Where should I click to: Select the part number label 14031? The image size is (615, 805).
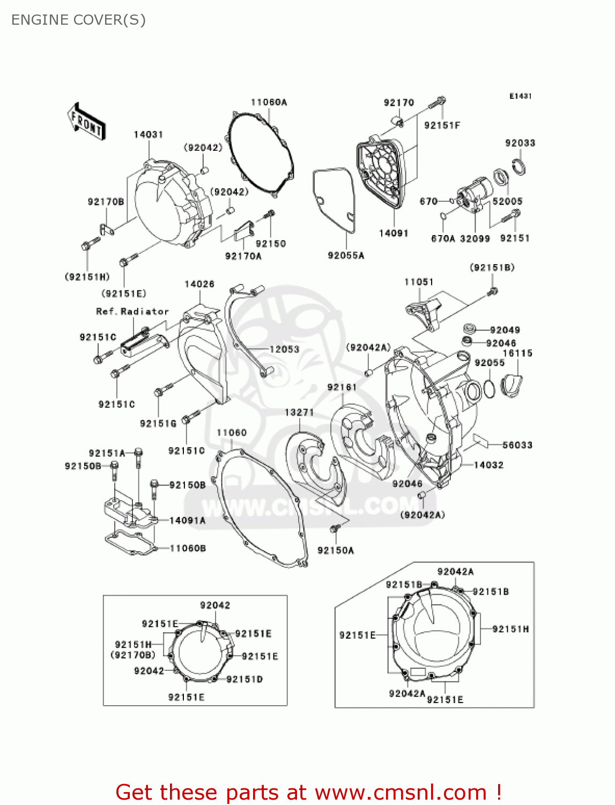[149, 135]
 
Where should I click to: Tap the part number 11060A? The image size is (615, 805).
[269, 102]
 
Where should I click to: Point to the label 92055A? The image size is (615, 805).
[346, 255]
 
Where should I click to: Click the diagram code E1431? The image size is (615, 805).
[520, 96]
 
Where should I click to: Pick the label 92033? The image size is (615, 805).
[520, 143]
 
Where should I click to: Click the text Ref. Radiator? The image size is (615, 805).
[132, 311]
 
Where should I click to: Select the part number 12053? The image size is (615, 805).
[284, 349]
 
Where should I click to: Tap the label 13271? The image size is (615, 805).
[299, 412]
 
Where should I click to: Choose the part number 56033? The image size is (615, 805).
[517, 445]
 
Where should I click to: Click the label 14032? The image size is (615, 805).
[488, 465]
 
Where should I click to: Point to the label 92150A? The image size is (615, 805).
[336, 550]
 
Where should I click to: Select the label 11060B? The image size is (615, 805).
[188, 548]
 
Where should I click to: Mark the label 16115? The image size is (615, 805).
[517, 353]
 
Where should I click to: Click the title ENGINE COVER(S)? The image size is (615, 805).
[78, 20]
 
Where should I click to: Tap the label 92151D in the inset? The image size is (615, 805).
[244, 679]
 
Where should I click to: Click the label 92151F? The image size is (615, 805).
[442, 125]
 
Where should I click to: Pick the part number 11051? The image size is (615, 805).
[419, 282]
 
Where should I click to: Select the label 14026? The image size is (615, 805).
[199, 284]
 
